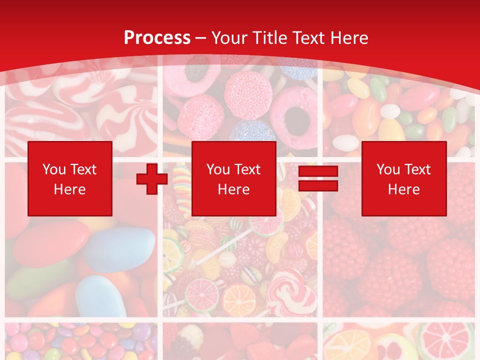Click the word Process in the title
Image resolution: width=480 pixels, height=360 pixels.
click(x=157, y=38)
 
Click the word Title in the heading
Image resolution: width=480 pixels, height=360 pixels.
click(x=269, y=38)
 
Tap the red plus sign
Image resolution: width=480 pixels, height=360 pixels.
click(x=152, y=179)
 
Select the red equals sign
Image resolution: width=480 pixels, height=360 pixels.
click(x=318, y=178)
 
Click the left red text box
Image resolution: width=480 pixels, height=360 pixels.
click(x=69, y=178)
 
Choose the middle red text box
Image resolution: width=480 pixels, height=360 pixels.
click(x=233, y=178)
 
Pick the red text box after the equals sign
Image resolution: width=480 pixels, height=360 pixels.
click(x=403, y=178)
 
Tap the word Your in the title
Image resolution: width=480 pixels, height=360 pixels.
click(x=229, y=38)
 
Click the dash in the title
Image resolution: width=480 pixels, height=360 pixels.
click(x=201, y=38)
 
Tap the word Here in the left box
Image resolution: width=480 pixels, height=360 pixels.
click(x=69, y=189)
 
